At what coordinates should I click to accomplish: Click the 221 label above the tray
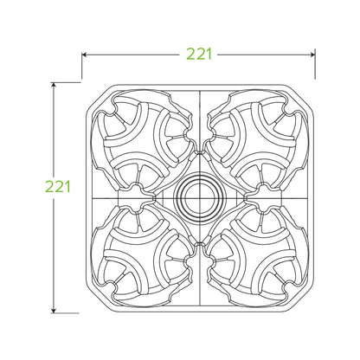pos(199,54)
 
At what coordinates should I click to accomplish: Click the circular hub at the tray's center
pos(199,197)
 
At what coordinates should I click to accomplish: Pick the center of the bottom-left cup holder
pos(143,254)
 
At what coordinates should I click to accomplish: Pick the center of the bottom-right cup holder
pos(255,254)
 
